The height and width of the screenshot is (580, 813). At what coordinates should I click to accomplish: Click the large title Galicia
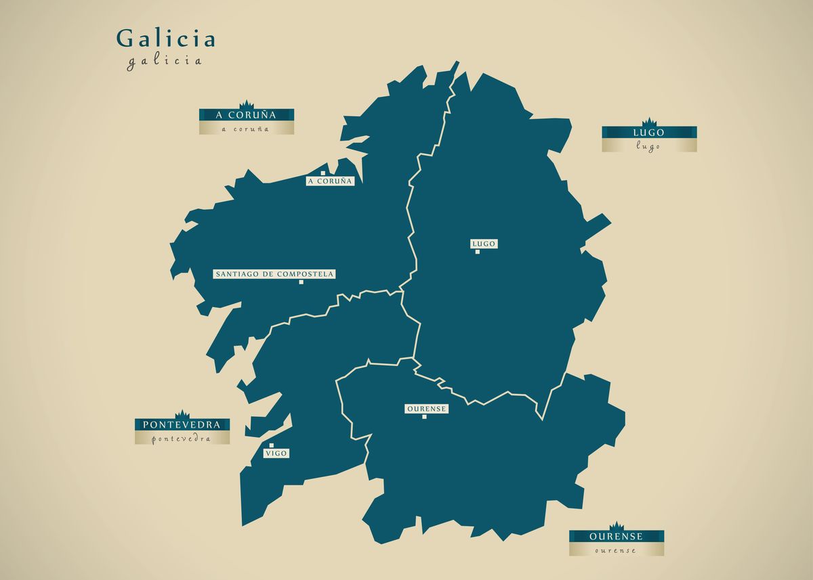pos(166,39)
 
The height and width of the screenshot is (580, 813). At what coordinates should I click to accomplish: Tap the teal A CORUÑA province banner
pos(246,115)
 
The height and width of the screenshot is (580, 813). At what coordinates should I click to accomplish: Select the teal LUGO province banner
pos(649,133)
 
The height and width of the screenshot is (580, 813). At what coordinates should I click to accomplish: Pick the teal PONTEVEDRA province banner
pos(182,425)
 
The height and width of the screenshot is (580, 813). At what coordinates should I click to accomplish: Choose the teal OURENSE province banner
pos(616,536)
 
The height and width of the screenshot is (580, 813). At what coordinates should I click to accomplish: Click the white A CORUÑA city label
pos(330,181)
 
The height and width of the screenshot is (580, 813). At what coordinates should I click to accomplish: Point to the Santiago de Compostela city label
pos(274,274)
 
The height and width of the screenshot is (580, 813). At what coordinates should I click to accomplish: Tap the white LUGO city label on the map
pos(484,244)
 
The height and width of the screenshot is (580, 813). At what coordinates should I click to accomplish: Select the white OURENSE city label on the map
pos(427,409)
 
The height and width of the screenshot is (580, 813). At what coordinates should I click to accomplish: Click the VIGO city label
pos(276,453)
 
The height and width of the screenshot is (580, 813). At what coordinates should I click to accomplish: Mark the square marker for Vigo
pos(272,445)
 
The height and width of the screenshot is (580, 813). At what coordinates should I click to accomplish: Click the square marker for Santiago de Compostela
pos(301,282)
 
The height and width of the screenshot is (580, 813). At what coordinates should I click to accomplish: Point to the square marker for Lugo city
pos(478,252)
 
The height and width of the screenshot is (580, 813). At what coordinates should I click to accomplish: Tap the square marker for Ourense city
pos(424,417)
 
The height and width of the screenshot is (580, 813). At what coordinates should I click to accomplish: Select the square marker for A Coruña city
pos(323,173)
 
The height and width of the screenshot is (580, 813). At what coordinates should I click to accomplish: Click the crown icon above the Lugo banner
pos(649,122)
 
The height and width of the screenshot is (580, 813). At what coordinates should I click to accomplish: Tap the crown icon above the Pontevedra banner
pos(182,414)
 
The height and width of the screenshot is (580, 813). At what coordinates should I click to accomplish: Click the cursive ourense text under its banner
pos(616,550)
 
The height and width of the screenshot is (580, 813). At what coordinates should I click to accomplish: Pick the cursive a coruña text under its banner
pos(246,129)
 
